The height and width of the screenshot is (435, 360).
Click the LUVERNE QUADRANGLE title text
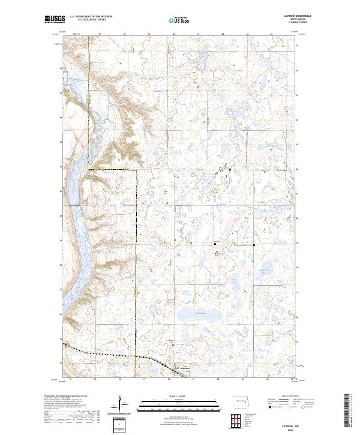295,16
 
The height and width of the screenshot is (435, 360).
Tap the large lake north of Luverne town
193,316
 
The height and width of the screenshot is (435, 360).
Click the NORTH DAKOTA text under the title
295,20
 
